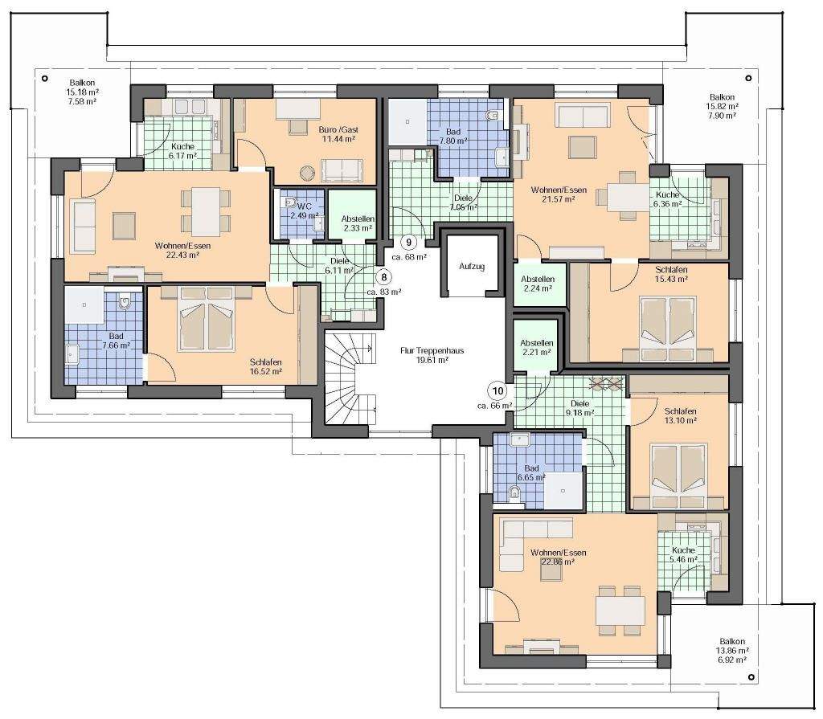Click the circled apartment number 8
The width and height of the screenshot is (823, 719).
coord(385,276)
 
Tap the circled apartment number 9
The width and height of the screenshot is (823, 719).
coord(408,242)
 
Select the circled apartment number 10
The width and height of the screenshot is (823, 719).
coord(497,390)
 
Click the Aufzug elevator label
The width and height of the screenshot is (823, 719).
coord(472,266)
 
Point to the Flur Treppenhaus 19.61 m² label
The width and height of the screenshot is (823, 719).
coord(432,355)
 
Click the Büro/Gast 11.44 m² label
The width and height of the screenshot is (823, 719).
coord(338,134)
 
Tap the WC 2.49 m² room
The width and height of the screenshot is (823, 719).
coord(299,214)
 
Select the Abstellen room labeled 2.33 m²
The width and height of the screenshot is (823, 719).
coord(352,214)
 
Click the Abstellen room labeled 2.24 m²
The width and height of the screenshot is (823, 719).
coord(538,284)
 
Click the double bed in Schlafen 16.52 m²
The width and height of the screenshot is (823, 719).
coord(206,319)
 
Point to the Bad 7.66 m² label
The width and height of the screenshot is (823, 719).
coord(116,341)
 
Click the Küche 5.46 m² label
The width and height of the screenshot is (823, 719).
coord(683,555)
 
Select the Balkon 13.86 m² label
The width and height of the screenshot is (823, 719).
coord(732,651)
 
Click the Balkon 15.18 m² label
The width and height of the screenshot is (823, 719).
coord(83,92)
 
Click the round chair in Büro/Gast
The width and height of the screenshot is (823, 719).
coord(307,174)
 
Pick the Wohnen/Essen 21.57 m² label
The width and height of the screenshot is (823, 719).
coord(559,194)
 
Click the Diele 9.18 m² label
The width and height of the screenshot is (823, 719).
coord(580,408)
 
